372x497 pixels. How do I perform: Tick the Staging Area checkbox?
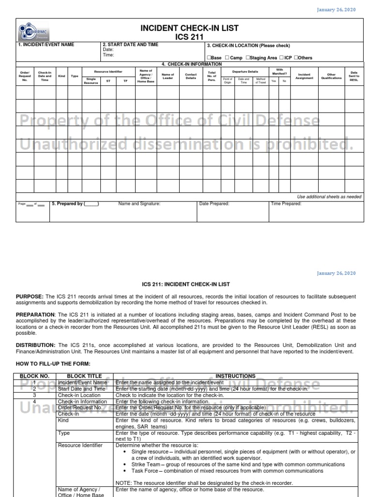tap(248, 58)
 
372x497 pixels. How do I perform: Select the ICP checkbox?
tap(281, 58)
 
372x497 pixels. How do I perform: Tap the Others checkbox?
tap(296, 58)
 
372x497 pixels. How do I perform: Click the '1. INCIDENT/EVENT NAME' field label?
tap(46, 45)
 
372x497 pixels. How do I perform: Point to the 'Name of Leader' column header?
tap(168, 76)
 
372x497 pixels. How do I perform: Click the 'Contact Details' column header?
tap(191, 76)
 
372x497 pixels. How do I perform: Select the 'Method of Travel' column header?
tap(261, 81)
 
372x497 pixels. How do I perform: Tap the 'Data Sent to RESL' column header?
tap(354, 76)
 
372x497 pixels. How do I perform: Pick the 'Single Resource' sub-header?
tap(91, 81)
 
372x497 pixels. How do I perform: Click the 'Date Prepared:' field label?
tap(214, 204)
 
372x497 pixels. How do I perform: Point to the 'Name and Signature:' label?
tap(139, 204)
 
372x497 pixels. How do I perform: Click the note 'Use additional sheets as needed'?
tap(329, 197)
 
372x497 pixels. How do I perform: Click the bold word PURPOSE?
tap(30, 296)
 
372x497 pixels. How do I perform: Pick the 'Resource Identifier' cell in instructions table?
tap(80, 445)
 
